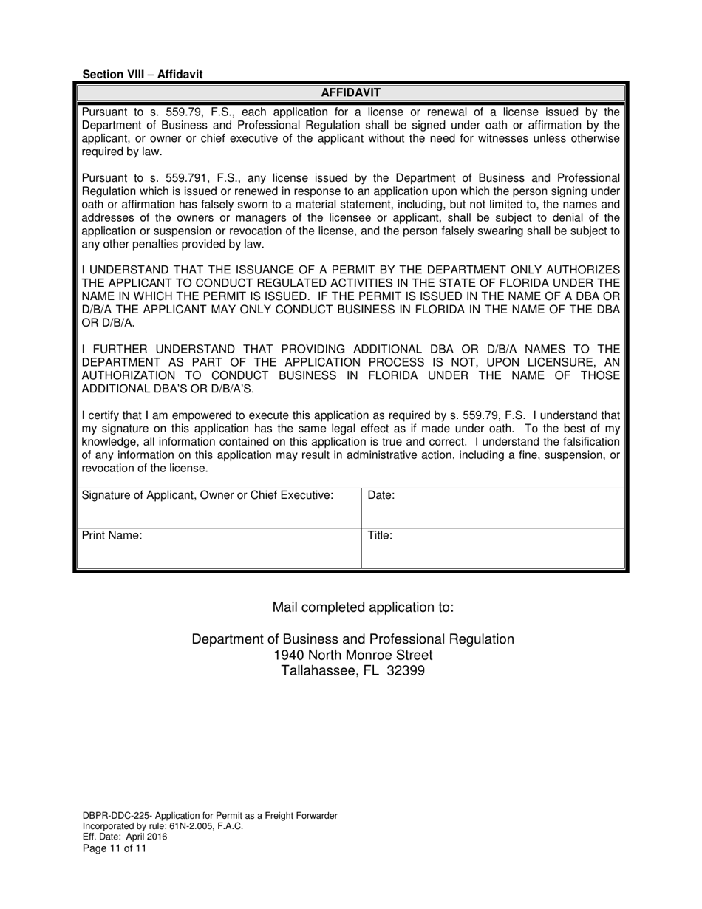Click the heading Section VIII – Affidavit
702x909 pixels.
(x=142, y=75)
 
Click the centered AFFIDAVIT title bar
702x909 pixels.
(x=350, y=92)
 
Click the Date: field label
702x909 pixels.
(x=381, y=496)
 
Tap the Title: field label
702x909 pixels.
(x=379, y=536)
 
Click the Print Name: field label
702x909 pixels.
(x=112, y=536)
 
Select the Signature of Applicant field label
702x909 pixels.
(x=207, y=496)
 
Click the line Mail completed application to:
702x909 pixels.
(x=363, y=607)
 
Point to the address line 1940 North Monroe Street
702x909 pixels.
(x=352, y=656)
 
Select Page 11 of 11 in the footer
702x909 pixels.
(x=115, y=848)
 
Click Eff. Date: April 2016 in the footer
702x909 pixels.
(x=124, y=837)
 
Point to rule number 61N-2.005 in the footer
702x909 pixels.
(x=190, y=826)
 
